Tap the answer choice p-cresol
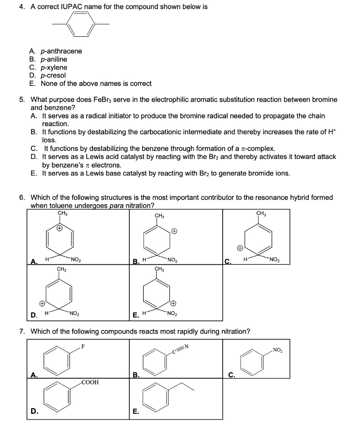53,75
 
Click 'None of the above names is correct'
96,83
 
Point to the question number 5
22,100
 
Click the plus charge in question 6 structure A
60,228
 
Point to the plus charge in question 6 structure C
240,248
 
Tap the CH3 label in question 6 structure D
62,270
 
